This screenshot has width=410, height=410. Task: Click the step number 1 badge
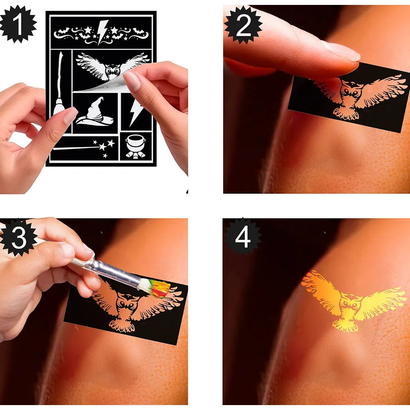point(18,24)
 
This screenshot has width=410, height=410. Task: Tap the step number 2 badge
point(243,25)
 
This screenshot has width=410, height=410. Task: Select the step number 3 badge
point(18,237)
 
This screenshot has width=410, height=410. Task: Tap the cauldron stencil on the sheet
point(135,146)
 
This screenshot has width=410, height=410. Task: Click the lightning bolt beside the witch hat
point(136,112)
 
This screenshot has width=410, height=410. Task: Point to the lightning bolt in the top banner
point(102,32)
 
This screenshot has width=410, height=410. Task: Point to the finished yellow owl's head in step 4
point(349,303)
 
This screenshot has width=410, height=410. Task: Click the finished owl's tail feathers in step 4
point(345,326)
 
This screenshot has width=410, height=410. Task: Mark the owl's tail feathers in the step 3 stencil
point(122,325)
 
